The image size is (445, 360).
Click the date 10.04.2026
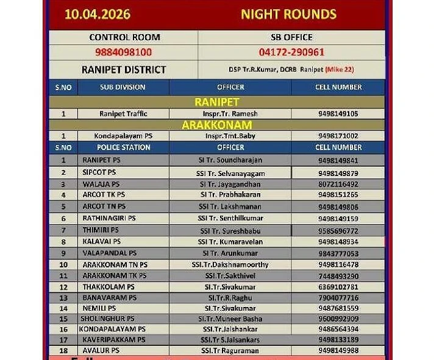(98, 14)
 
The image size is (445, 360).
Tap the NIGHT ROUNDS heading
(288, 14)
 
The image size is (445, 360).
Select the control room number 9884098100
(123, 52)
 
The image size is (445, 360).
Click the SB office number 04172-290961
(291, 52)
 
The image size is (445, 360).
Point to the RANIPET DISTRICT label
(123, 69)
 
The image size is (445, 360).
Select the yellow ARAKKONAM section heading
(216, 125)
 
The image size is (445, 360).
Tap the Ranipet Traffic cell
(123, 114)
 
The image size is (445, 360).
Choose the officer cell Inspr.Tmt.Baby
(230, 136)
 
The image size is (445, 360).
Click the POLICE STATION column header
(123, 147)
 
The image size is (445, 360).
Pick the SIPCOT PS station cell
(99, 172)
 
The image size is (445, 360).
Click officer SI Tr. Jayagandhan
(230, 184)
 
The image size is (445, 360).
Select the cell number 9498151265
(338, 195)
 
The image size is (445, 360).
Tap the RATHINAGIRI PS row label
(109, 218)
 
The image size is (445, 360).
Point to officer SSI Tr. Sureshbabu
(230, 230)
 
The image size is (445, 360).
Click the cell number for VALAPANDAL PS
(338, 253)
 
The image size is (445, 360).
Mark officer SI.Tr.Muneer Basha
(230, 319)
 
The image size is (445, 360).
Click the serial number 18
(63, 351)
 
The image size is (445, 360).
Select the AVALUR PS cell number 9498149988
(338, 351)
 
